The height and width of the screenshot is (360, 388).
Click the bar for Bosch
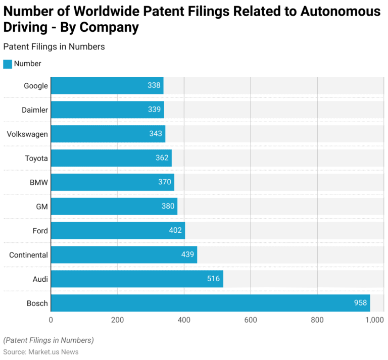210,303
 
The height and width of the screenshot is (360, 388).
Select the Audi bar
137,279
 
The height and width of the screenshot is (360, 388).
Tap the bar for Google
107,85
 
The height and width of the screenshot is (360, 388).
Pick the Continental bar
124,254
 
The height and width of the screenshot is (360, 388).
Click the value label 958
360,303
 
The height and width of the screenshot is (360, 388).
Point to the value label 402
175,231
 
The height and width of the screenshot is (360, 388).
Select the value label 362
162,158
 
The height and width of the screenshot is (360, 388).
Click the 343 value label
156,134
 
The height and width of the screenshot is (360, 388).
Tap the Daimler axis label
35,110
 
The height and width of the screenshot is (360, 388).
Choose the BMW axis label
39,182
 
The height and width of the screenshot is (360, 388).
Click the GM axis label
42,207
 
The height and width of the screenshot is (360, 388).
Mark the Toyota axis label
36,158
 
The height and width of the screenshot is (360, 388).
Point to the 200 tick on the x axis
117,320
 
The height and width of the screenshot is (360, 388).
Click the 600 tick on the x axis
251,320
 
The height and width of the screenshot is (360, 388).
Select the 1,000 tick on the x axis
375,320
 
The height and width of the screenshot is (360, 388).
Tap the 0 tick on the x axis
51,320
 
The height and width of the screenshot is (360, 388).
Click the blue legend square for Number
7,64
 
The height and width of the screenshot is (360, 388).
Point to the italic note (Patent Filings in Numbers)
48,340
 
